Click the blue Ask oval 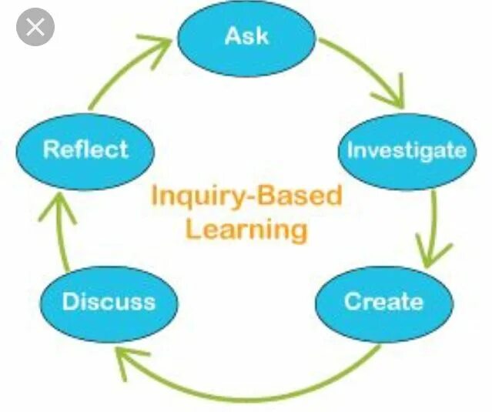click(246, 36)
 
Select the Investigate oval click(406, 151)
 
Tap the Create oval click(383, 302)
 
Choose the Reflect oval click(85, 149)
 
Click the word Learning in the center click(246, 229)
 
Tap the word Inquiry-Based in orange click(246, 196)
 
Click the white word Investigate click(406, 151)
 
